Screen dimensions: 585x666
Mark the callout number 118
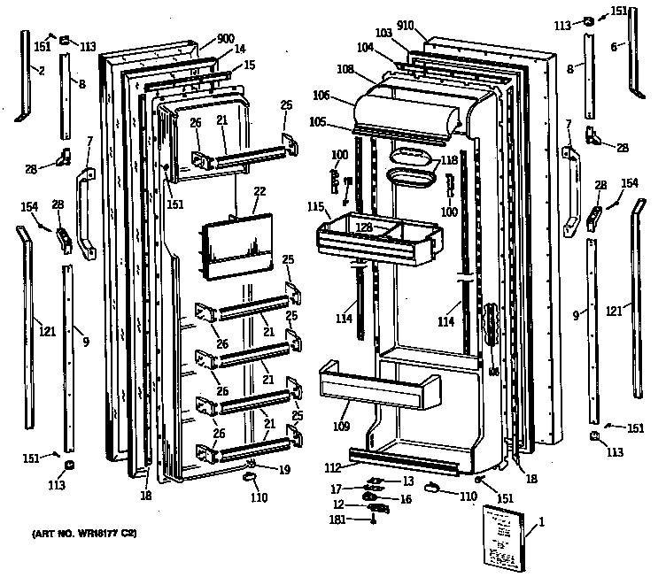451,161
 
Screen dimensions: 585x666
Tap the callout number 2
41,70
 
